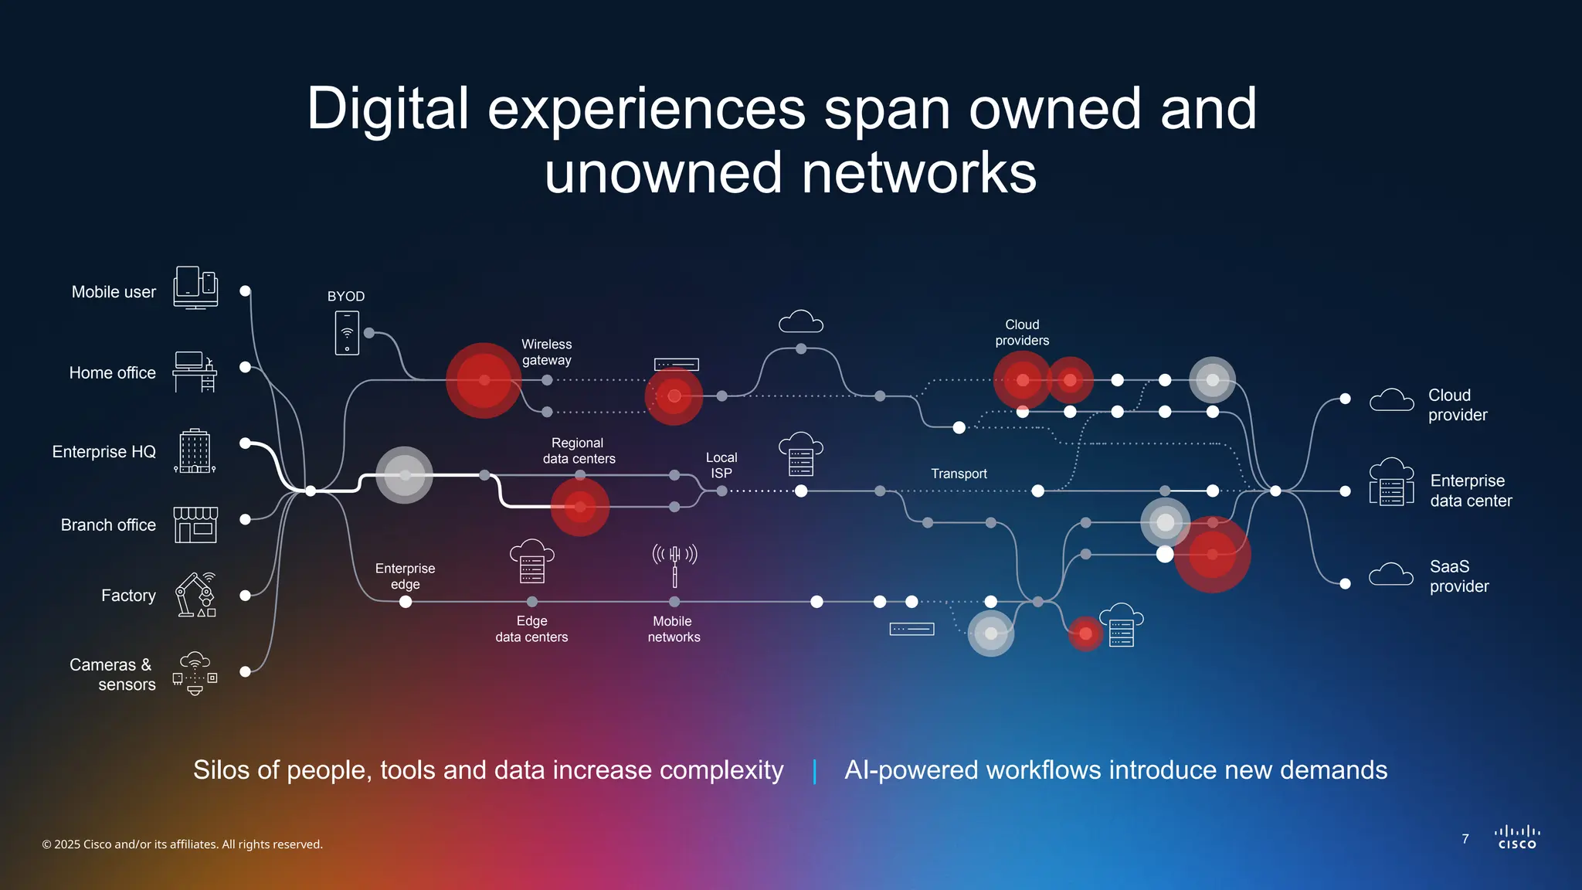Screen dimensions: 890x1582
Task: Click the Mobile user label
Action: (114, 292)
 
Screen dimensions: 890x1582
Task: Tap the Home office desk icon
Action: (195, 372)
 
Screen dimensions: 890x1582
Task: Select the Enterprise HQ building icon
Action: (195, 451)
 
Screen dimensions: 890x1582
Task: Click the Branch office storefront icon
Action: (195, 525)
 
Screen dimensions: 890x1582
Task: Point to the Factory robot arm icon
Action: (195, 595)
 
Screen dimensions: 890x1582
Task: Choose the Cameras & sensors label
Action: (112, 674)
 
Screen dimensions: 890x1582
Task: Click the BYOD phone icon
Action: (347, 333)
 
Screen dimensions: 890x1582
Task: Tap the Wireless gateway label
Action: (547, 352)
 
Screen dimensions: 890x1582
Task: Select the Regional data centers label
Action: (579, 450)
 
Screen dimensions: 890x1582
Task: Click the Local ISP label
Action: (721, 465)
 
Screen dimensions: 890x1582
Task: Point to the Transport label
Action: (959, 474)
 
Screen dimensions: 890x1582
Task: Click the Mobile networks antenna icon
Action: (674, 565)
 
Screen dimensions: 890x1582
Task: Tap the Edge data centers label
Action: (531, 629)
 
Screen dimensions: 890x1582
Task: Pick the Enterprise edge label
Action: (405, 576)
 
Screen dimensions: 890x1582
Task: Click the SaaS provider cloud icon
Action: (1391, 576)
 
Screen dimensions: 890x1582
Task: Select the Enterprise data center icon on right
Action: (1391, 482)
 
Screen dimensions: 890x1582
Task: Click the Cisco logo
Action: (1517, 837)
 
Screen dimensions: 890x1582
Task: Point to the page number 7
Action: (1465, 839)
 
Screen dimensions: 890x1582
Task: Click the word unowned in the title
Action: (663, 173)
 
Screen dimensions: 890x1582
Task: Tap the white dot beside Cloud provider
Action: (1345, 399)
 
